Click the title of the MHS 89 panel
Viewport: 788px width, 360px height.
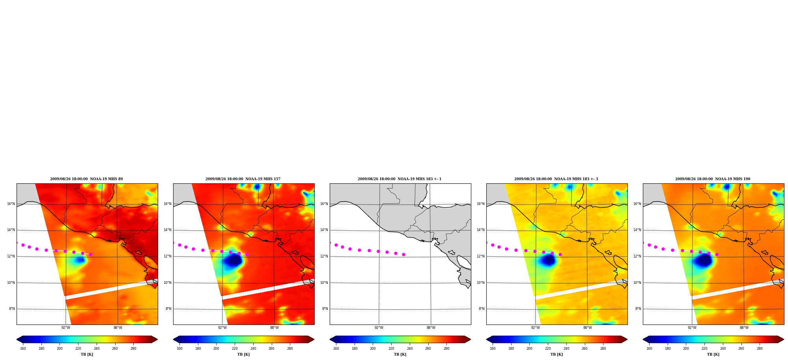point(86,179)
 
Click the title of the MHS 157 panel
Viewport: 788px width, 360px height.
point(243,179)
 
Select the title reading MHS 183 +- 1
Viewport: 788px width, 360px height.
point(400,179)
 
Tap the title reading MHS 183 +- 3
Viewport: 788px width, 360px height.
point(556,179)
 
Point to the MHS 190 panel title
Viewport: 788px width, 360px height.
point(713,179)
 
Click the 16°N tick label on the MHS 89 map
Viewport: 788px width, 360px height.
point(11,204)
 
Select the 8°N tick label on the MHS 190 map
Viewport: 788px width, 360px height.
point(638,309)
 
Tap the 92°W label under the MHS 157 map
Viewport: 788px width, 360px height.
point(222,328)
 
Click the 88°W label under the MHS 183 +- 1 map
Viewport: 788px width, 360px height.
point(431,328)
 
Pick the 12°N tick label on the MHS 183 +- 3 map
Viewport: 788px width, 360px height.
point(480,256)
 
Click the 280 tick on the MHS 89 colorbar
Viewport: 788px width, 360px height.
point(133,349)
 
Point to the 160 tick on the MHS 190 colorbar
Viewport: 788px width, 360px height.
point(649,349)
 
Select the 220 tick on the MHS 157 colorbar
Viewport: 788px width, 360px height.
point(235,349)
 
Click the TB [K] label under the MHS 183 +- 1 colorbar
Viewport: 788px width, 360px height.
point(400,354)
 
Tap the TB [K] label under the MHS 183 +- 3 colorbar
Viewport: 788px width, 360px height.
point(556,354)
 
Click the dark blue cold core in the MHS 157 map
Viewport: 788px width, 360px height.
point(233,260)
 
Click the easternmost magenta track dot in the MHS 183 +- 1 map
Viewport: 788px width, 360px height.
point(403,254)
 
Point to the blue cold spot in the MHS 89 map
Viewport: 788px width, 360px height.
point(80,259)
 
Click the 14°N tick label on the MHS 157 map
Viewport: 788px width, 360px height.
point(167,230)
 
